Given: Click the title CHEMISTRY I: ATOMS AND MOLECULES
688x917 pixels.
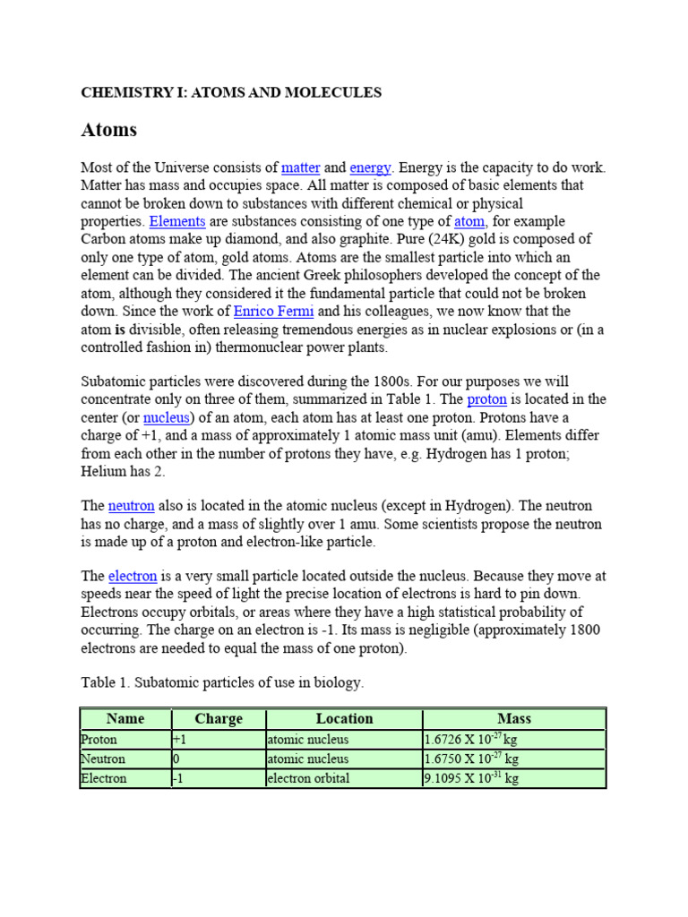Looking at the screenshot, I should point(231,92).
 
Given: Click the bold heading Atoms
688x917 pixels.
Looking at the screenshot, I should point(108,130).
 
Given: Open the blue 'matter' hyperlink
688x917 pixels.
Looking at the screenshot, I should point(300,167).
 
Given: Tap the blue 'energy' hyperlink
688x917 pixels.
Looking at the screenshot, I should point(370,167).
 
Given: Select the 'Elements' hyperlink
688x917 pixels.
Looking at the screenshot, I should point(177,221).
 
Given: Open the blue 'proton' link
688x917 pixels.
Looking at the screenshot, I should point(486,399).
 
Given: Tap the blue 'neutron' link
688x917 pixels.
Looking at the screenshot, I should point(132,506).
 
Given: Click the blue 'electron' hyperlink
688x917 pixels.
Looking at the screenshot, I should point(133,576).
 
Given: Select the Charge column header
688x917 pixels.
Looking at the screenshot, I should point(218,719).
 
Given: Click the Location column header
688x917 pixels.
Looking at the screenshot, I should point(344,719).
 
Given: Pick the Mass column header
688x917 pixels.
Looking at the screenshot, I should point(514,719).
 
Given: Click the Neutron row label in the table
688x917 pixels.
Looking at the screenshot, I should point(103,758).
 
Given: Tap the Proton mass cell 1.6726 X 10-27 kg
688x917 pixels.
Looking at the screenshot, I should point(471,740).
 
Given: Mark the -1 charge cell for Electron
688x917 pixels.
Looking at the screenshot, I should point(178,778).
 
